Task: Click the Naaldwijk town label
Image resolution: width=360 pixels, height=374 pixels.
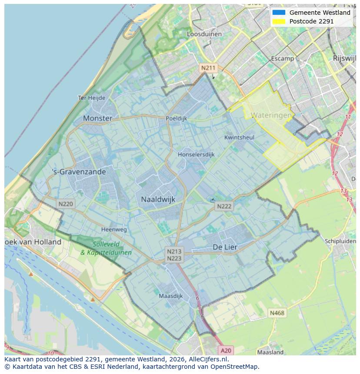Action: coord(158,199)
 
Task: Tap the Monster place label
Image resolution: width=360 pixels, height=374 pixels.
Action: coord(97,118)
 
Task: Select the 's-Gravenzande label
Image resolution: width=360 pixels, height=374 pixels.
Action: coord(79,172)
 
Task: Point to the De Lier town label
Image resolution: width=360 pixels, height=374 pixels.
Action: coord(225,247)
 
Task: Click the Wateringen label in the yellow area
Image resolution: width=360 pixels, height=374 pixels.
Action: coord(271,116)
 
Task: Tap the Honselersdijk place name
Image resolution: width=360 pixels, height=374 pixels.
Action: coord(196,155)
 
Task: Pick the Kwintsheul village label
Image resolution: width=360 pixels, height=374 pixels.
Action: coord(239,137)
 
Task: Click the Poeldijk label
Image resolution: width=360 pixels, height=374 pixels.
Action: coord(176,118)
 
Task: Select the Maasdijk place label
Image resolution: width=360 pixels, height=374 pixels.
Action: coord(171,296)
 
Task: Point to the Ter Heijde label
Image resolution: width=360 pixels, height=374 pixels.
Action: coord(91,98)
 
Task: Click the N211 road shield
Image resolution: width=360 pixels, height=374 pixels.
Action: coord(207,68)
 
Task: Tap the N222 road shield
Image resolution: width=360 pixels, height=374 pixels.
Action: coord(224,206)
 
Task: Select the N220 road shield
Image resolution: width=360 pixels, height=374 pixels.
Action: coord(66,204)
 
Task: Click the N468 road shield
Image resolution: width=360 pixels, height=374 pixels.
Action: coord(277,313)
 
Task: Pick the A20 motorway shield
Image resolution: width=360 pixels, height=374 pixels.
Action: coord(226,350)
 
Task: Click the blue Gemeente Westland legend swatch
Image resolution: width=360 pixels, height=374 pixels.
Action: coord(279,13)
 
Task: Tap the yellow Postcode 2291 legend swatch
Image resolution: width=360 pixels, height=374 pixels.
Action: coord(279,21)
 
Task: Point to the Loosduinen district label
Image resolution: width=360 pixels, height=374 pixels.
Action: coord(204,34)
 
